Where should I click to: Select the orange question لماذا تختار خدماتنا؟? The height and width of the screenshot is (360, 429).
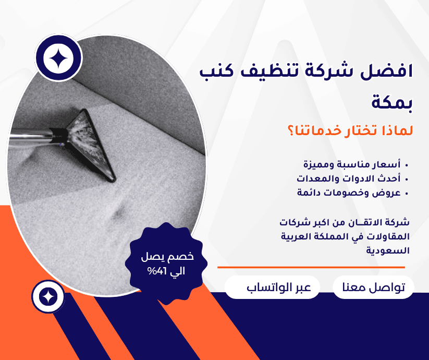pyautogui.click(x=350, y=130)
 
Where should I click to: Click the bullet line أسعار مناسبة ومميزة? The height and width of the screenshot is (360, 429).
pyautogui.click(x=352, y=164)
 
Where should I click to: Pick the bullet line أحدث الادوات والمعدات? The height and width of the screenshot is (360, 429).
pyautogui.click(x=349, y=178)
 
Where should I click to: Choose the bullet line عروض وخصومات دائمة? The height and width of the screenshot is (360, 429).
pyautogui.click(x=349, y=193)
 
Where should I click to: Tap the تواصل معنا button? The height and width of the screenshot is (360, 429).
pyautogui.click(x=373, y=287)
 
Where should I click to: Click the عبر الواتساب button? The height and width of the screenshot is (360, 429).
pyautogui.click(x=272, y=287)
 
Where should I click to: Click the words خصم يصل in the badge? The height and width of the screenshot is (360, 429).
pyautogui.click(x=167, y=257)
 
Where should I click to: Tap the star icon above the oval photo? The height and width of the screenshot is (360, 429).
pyautogui.click(x=58, y=58)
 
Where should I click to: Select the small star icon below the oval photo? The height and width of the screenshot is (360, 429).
pyautogui.click(x=48, y=296)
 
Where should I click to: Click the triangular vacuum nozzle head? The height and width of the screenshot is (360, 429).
pyautogui.click(x=92, y=145)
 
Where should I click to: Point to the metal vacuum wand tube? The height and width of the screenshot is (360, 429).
pyautogui.click(x=33, y=137)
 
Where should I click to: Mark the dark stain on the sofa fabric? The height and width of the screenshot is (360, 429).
pyautogui.click(x=119, y=213)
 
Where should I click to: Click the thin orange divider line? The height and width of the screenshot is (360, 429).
pyautogui.click(x=311, y=268)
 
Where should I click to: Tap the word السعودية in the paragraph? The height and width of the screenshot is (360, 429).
pyautogui.click(x=388, y=250)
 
